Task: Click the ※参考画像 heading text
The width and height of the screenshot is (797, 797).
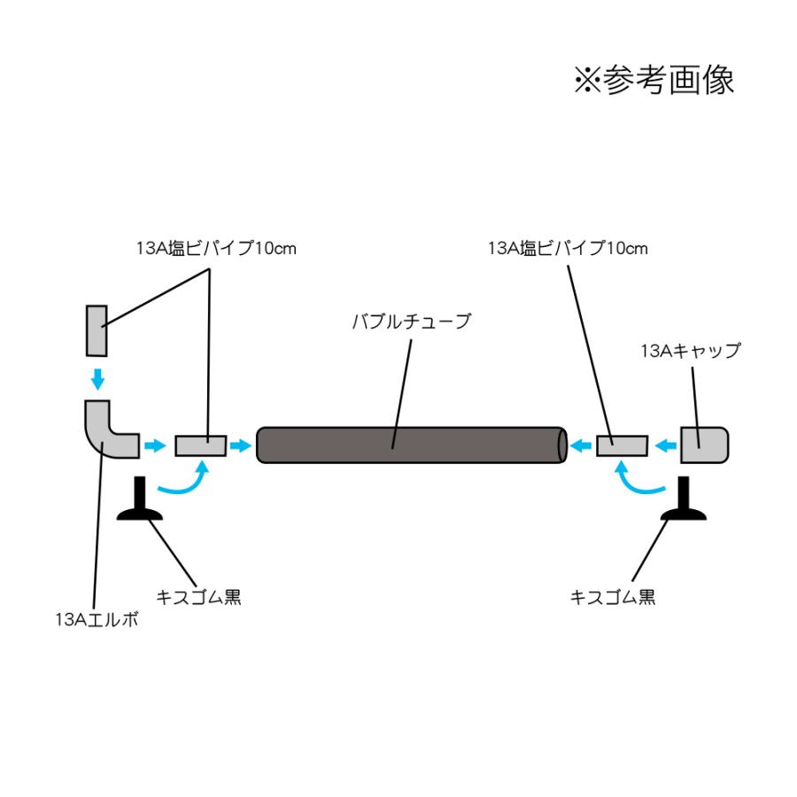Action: [654, 80]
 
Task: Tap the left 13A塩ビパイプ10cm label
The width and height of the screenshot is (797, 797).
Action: [216, 248]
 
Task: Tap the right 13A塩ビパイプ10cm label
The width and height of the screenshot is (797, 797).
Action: [568, 248]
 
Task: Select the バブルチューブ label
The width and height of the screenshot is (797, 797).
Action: [411, 321]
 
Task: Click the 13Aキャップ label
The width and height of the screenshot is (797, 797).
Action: [690, 351]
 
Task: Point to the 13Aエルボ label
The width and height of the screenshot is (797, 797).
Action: [97, 619]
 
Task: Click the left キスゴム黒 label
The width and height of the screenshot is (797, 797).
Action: [198, 596]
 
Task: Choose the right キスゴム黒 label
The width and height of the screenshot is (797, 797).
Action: [613, 596]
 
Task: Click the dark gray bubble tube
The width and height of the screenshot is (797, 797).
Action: [412, 445]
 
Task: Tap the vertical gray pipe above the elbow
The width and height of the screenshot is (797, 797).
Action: [97, 330]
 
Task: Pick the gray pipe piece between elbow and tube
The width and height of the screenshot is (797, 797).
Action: [201, 445]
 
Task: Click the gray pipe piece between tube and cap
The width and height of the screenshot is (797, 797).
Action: [622, 445]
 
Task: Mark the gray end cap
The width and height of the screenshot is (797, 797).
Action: [704, 445]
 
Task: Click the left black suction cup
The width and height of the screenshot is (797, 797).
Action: [140, 500]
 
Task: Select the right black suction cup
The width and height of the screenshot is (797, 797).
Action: [684, 500]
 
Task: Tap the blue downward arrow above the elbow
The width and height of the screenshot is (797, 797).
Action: [97, 379]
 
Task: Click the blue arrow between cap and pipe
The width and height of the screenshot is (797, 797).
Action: [665, 445]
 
